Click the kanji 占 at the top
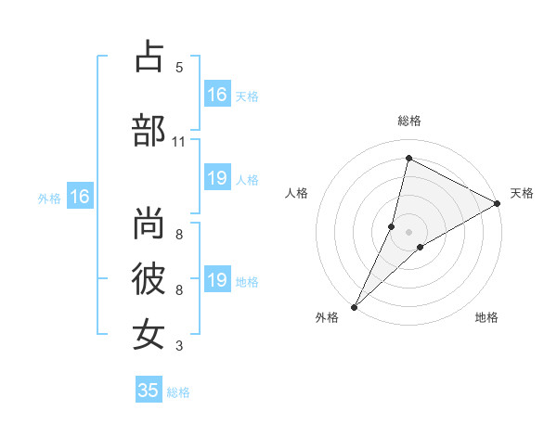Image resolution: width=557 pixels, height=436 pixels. point(149,57)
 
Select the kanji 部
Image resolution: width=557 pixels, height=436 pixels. point(149,131)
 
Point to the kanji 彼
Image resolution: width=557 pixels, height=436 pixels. point(149,279)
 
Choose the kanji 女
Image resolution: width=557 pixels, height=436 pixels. point(149,334)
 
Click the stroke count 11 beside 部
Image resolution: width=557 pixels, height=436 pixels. point(178,142)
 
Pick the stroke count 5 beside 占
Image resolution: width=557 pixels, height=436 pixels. point(179,68)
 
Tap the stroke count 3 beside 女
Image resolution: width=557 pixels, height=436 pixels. point(179,346)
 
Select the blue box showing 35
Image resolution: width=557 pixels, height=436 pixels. point(149,391)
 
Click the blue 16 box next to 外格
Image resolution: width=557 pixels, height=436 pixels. point(79,197)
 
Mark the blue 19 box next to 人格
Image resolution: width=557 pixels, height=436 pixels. point(216,178)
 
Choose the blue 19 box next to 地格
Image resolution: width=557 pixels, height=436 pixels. point(216,280)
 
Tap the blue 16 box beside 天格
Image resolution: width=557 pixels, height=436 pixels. point(216,95)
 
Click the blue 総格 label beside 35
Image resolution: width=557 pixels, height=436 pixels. point(178,392)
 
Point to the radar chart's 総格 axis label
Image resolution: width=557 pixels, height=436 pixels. point(409,121)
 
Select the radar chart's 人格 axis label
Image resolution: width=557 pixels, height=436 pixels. point(296,193)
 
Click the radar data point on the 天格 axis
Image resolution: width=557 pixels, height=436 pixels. point(498,203)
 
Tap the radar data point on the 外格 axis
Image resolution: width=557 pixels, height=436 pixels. point(355,306)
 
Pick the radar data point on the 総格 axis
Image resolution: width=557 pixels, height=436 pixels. point(408,159)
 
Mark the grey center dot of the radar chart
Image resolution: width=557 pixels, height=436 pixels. point(408,231)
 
